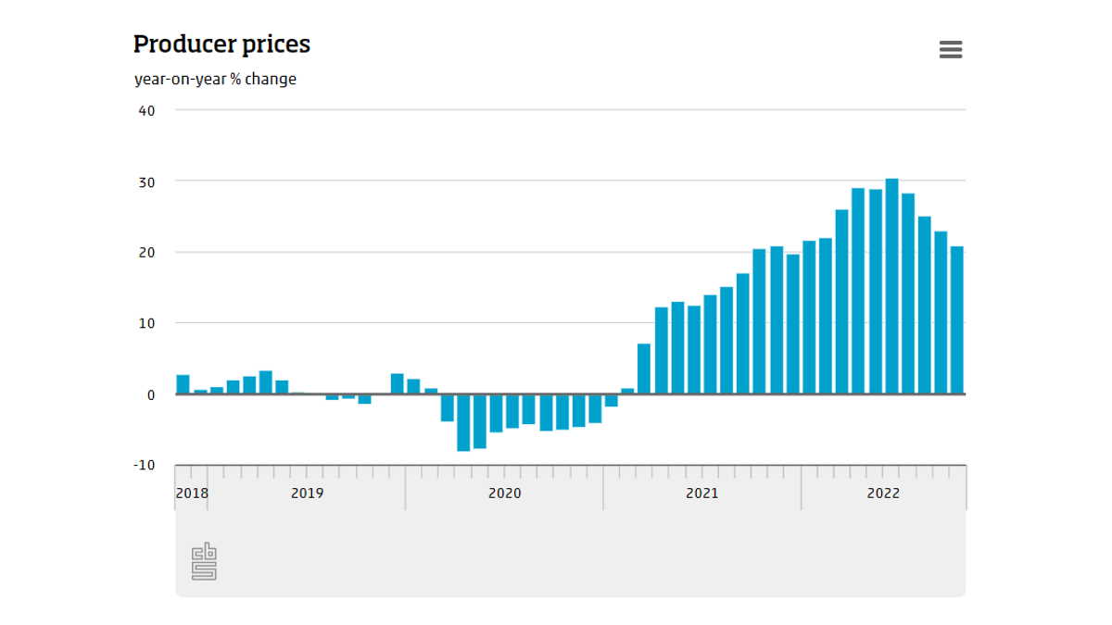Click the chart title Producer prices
[221, 44]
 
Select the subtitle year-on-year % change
[215, 79]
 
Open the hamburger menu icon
[951, 50]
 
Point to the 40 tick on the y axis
[146, 110]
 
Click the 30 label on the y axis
[146, 181]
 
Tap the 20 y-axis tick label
[146, 252]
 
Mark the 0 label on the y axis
[151, 394]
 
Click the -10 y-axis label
[144, 465]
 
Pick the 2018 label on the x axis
[192, 494]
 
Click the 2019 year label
[307, 494]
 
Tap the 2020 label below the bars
[504, 494]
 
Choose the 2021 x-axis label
[701, 494]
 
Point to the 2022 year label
[882, 494]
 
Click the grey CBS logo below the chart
[204, 563]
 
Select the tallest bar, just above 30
[891, 286]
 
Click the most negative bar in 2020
[463, 422]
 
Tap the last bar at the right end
[956, 319]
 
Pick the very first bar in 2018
[183, 384]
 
